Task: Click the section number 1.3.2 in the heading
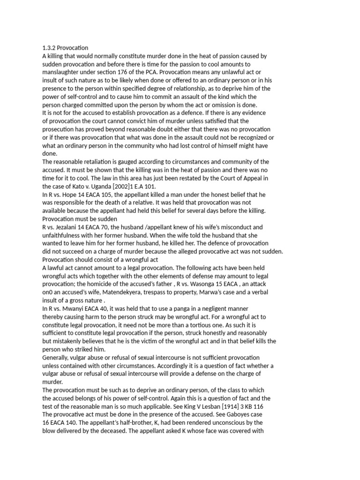[49, 48]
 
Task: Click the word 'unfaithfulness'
[65, 235]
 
